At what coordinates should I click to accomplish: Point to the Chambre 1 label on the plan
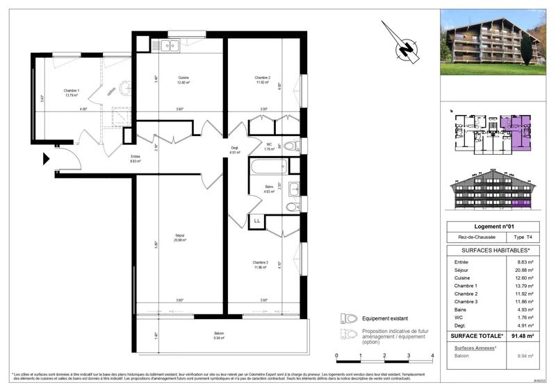tap(72, 93)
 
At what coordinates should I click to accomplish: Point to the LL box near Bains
tap(256, 221)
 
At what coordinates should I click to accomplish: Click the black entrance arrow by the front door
tap(47, 160)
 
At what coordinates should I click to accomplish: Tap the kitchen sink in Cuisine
tap(170, 46)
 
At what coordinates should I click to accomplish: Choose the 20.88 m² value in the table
tap(524, 271)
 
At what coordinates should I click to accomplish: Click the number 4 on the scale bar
tap(433, 355)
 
